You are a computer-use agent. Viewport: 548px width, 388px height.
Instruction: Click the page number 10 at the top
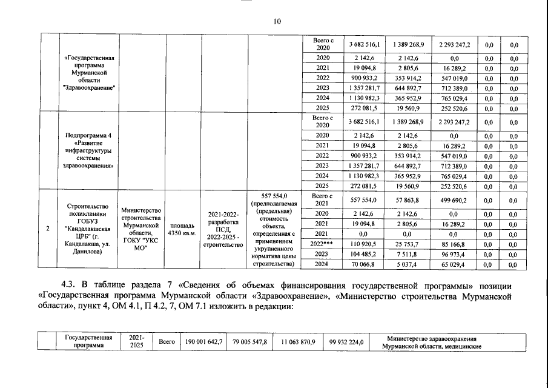[277, 22]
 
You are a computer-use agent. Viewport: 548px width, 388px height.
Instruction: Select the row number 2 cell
[48, 229]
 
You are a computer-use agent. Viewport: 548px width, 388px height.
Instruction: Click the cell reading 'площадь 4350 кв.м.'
[182, 229]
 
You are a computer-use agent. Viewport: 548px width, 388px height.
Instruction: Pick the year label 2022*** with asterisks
[322, 242]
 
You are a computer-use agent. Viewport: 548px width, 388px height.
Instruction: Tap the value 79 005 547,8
[249, 342]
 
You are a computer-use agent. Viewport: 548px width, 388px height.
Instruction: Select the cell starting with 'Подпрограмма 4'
[88, 150]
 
